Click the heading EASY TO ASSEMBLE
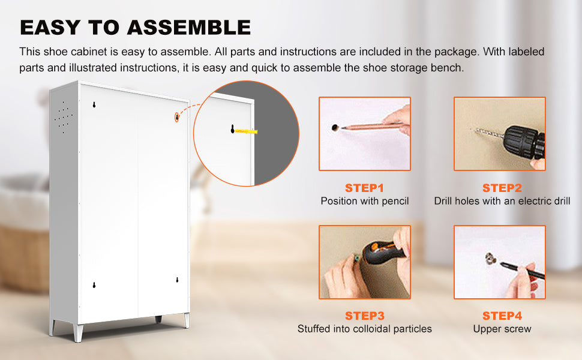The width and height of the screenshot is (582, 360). (x=136, y=28)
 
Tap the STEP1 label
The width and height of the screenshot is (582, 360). (x=364, y=188)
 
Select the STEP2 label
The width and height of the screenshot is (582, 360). (x=502, y=188)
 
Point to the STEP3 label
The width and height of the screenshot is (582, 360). (x=364, y=316)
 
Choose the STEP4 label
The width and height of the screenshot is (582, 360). (x=502, y=316)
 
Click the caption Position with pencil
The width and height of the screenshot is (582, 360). (x=364, y=201)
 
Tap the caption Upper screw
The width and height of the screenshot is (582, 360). (x=502, y=329)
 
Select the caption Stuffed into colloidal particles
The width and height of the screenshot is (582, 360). (x=364, y=329)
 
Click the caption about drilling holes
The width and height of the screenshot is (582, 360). (x=502, y=201)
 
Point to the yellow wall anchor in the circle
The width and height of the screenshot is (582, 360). (x=246, y=131)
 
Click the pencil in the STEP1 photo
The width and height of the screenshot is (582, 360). (x=371, y=126)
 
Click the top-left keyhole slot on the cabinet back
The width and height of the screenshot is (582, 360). (x=94, y=104)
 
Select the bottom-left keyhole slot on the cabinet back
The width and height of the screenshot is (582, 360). (x=94, y=285)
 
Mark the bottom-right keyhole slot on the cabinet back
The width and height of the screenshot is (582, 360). (x=177, y=280)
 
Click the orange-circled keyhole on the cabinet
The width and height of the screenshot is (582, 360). (x=177, y=117)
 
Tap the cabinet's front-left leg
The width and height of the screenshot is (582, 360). (x=79, y=332)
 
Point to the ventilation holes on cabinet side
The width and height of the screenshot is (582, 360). (x=64, y=117)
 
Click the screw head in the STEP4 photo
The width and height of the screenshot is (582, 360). (x=491, y=259)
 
